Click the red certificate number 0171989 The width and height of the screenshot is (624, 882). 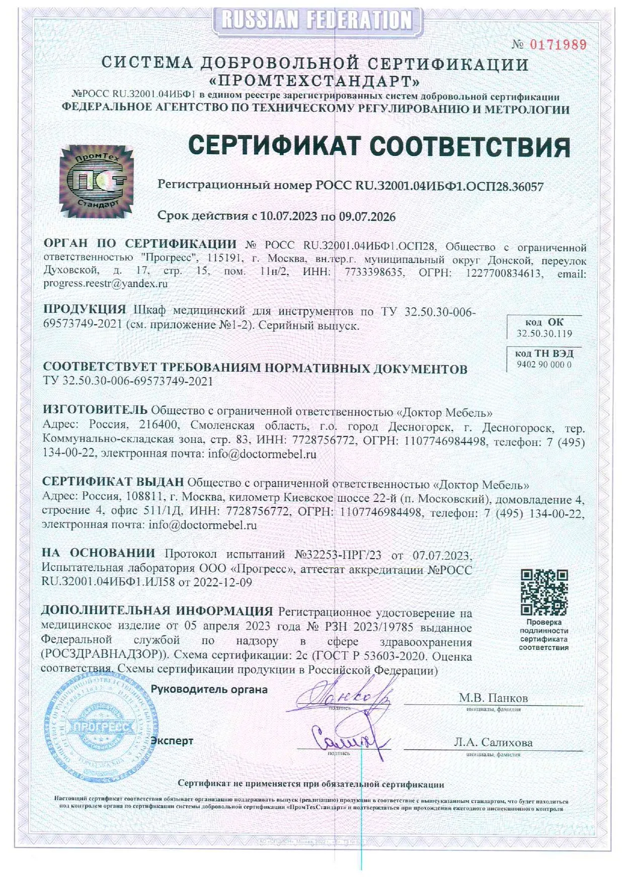559,45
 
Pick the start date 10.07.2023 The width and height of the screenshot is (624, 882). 289,217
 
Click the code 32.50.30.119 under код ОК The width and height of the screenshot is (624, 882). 544,333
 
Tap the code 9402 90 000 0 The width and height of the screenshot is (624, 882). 544,365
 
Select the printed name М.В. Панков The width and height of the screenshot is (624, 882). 493,698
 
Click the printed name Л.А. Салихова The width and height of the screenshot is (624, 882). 493,742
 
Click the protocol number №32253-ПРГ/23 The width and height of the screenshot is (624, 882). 338,555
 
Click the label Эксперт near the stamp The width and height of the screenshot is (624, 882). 172,741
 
